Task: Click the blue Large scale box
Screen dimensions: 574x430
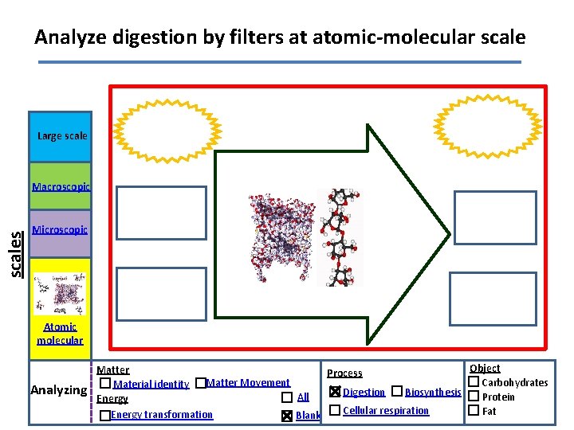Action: point(60,137)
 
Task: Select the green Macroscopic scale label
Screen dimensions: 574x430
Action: point(61,187)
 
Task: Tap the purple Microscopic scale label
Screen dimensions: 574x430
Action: point(60,230)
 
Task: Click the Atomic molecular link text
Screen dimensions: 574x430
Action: point(60,334)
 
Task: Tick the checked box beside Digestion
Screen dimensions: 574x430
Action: point(335,392)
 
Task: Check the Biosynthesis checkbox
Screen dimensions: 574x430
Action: point(397,392)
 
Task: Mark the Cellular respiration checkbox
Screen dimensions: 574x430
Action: point(335,410)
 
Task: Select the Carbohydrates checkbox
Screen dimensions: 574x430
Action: point(474,383)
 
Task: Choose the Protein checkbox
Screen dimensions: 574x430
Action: point(474,397)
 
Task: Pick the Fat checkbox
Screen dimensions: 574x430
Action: point(474,411)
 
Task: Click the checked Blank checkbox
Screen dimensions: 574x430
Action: point(286,416)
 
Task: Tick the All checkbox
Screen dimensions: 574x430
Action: point(286,397)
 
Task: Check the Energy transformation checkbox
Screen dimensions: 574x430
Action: point(105,416)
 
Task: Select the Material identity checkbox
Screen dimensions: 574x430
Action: point(105,384)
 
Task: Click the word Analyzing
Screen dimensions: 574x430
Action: point(58,390)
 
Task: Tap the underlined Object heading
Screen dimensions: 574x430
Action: point(485,368)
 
